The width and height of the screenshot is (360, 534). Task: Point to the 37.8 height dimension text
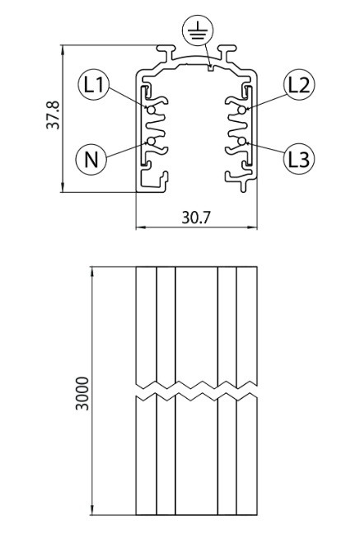(53, 115)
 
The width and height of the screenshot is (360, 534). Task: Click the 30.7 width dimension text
(196, 218)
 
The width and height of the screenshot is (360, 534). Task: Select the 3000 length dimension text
(82, 393)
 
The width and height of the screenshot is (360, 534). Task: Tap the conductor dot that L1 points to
(151, 110)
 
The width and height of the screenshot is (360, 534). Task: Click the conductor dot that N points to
(151, 141)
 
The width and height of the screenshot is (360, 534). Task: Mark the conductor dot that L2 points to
(242, 110)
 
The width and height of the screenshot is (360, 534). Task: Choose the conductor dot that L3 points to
(242, 141)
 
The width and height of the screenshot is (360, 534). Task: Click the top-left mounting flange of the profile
(166, 51)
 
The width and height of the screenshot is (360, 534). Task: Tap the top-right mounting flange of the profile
(227, 51)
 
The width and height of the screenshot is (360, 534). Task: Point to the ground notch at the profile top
(211, 68)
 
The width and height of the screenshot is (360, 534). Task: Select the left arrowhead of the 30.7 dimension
(141, 227)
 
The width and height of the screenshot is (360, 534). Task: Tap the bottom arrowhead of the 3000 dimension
(92, 510)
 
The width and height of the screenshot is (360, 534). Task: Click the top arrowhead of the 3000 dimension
(92, 272)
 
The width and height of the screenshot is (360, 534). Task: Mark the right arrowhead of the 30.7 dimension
(252, 227)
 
